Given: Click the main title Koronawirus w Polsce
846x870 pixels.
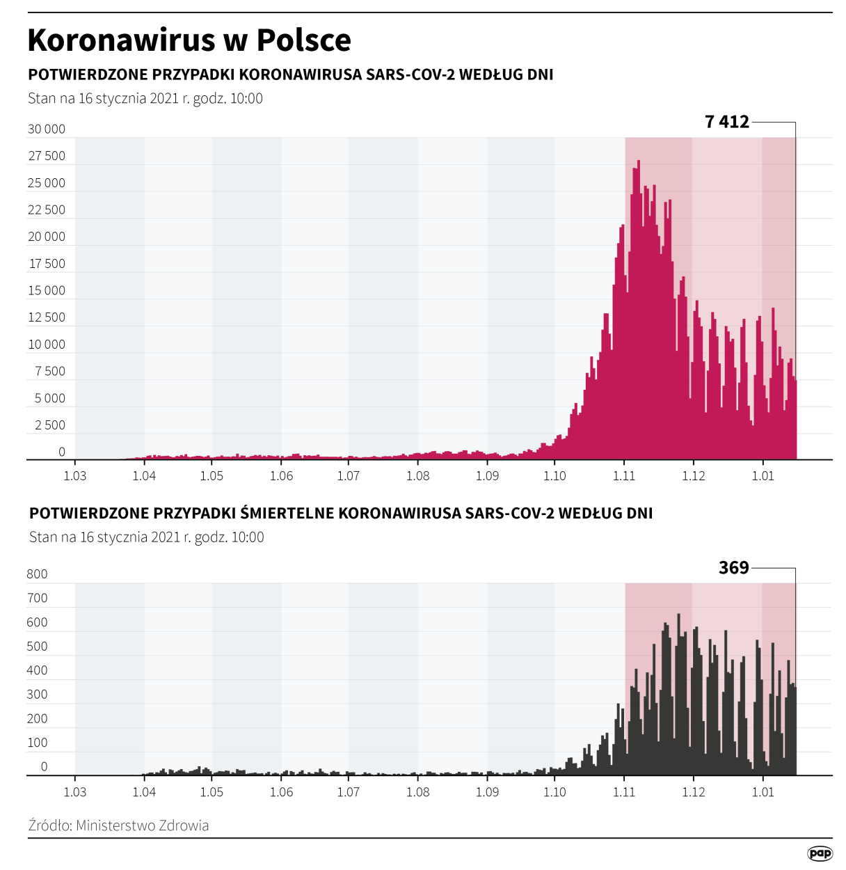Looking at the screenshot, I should pos(189,40).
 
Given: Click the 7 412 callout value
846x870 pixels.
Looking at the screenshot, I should pos(726,122).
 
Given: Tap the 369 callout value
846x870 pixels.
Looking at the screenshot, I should pos(733,568).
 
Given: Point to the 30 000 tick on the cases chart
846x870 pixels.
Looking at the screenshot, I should pos(47,129).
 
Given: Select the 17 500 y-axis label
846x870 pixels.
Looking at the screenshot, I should pos(47,264).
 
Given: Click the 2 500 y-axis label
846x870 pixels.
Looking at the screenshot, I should pos(49,425).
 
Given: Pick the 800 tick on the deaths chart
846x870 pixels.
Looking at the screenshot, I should pos(37,574).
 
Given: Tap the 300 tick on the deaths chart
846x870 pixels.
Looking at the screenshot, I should pos(37,695).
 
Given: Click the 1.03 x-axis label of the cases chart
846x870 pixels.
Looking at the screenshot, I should pos(75,476).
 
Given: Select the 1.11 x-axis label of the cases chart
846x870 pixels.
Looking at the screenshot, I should pos(624,476).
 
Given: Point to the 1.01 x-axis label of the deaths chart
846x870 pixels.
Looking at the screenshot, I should pos(763,792).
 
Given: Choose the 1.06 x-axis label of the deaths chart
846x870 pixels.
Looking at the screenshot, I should pos(281,792).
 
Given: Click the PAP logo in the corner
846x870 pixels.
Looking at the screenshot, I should pos(820,853).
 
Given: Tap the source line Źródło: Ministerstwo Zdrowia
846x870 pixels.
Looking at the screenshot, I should pos(118,825).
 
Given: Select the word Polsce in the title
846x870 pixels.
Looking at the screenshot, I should pos(303,40).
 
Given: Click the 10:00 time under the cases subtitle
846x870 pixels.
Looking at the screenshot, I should pos(246,99).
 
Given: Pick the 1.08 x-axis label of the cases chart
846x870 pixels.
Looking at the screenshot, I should pos(417,476).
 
